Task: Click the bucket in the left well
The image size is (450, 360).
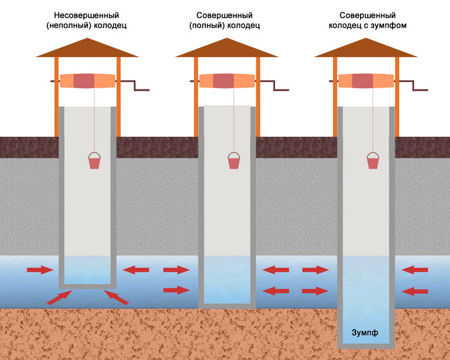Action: (x=95, y=161)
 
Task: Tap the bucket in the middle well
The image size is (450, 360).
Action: (x=233, y=161)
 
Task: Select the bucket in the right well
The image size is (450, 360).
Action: (x=372, y=161)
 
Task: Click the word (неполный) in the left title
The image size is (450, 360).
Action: (x=69, y=25)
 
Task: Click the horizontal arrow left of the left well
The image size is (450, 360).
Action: (x=40, y=271)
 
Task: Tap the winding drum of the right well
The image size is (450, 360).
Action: (x=366, y=80)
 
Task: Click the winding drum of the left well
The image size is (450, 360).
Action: (x=87, y=80)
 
